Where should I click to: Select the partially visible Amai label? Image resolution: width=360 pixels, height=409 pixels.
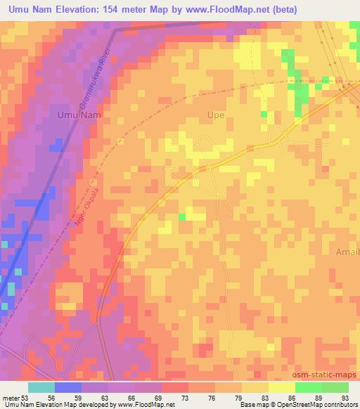pyautogui.click(x=347, y=252)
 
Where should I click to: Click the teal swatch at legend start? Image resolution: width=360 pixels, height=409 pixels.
pyautogui.click(x=41, y=387)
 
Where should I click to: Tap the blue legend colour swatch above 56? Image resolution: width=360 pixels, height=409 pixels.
pyautogui.click(x=68, y=387)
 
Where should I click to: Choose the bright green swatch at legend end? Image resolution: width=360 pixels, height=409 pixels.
pyautogui.click(x=335, y=387)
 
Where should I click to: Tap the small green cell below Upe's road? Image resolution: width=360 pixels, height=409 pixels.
pyautogui.click(x=182, y=217)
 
